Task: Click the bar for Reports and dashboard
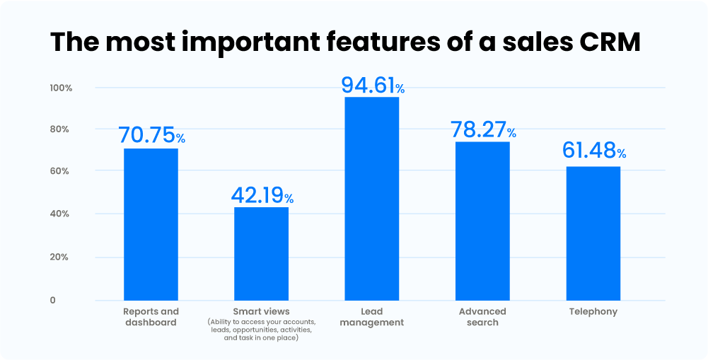click(151, 224)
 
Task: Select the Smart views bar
click(261, 253)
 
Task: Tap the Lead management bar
click(371, 198)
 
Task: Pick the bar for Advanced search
click(482, 221)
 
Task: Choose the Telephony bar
click(593, 233)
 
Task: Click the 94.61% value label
click(373, 85)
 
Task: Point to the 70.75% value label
click(151, 135)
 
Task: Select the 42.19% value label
click(262, 195)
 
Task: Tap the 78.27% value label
click(483, 129)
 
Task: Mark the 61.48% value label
click(593, 151)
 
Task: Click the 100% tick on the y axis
click(61, 88)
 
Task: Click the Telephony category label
click(593, 311)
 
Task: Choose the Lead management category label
click(371, 317)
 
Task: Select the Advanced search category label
click(482, 317)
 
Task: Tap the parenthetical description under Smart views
click(261, 330)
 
